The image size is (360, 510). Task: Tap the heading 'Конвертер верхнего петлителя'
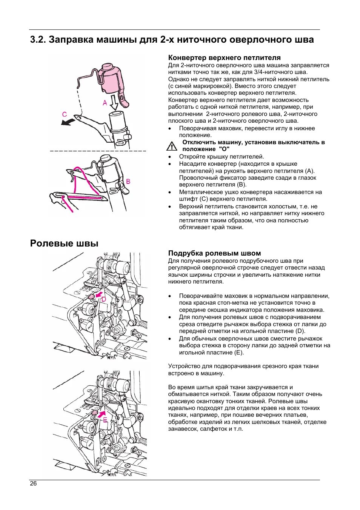(x=224, y=58)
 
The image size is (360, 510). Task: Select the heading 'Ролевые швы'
(x=64, y=243)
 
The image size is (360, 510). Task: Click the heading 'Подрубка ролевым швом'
(x=214, y=253)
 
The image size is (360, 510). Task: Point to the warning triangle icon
(x=172, y=146)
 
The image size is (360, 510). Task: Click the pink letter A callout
(x=105, y=103)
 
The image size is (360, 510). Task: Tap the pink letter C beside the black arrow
(x=65, y=114)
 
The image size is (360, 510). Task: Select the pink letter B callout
(x=128, y=182)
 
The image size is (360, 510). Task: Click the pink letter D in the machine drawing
(x=104, y=299)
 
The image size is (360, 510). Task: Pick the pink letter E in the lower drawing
(x=105, y=420)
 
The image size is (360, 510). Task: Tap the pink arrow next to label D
(x=98, y=294)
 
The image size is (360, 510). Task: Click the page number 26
(x=33, y=484)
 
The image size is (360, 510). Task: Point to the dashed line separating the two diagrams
(x=98, y=151)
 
